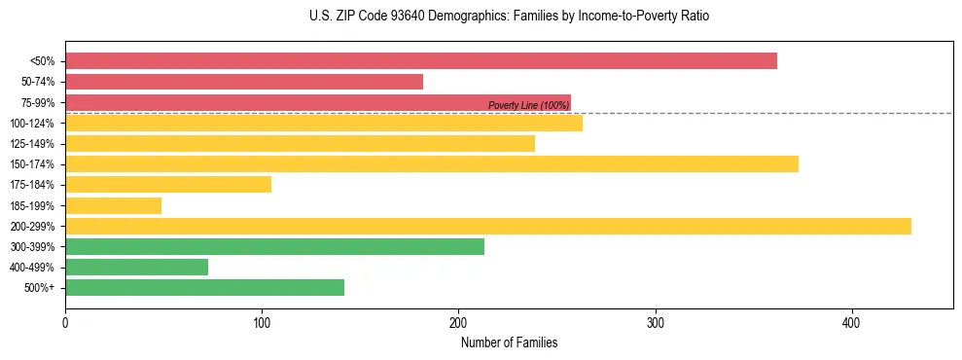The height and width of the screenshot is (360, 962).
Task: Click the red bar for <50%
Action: point(420,61)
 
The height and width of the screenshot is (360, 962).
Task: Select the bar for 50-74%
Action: point(243,82)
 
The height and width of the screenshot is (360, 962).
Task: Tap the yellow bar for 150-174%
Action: point(431,164)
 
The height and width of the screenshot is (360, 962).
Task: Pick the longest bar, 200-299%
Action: point(487,226)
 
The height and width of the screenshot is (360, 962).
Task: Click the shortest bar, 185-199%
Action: point(113,205)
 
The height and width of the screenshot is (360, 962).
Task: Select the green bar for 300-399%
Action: point(274,246)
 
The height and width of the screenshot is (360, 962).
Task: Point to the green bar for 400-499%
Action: point(136,267)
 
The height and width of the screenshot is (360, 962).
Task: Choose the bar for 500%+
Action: point(204,287)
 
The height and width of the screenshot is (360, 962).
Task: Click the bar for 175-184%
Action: point(167,185)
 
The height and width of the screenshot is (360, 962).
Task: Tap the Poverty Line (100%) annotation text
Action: point(528,105)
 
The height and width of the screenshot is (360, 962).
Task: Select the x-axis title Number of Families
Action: point(509,342)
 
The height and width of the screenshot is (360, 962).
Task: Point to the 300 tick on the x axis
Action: point(656,322)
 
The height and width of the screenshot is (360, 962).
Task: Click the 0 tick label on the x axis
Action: point(65,322)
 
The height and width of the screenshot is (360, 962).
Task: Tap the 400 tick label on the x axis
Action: point(852,322)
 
